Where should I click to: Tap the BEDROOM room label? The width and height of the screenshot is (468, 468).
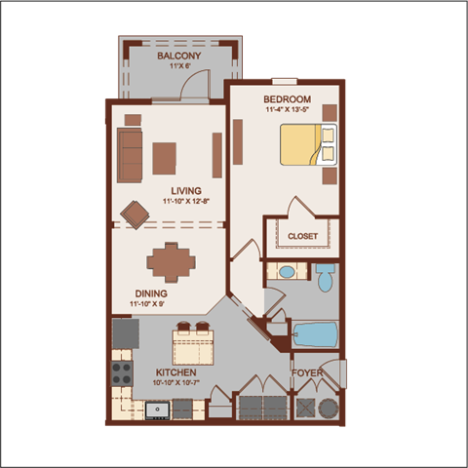coord(287,99)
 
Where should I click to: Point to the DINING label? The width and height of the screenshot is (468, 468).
coord(151,292)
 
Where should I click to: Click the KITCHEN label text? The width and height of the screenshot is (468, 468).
coord(175,372)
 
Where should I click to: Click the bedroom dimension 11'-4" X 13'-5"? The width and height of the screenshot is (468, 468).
coord(287,110)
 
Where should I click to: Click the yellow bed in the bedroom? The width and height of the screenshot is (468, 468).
coord(306,145)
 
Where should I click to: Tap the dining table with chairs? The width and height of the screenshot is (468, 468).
coord(171,261)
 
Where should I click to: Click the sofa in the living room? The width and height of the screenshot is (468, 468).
coord(129,157)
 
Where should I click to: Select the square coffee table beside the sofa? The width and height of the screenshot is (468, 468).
coord(165,158)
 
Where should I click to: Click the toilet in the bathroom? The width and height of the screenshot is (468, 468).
coord(326,277)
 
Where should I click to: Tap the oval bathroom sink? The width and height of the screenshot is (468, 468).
coord(288,271)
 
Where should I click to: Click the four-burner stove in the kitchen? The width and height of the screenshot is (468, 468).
coord(122,372)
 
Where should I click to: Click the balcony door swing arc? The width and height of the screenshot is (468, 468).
coord(197,88)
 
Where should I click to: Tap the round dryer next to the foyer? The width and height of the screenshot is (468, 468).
coord(328,407)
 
